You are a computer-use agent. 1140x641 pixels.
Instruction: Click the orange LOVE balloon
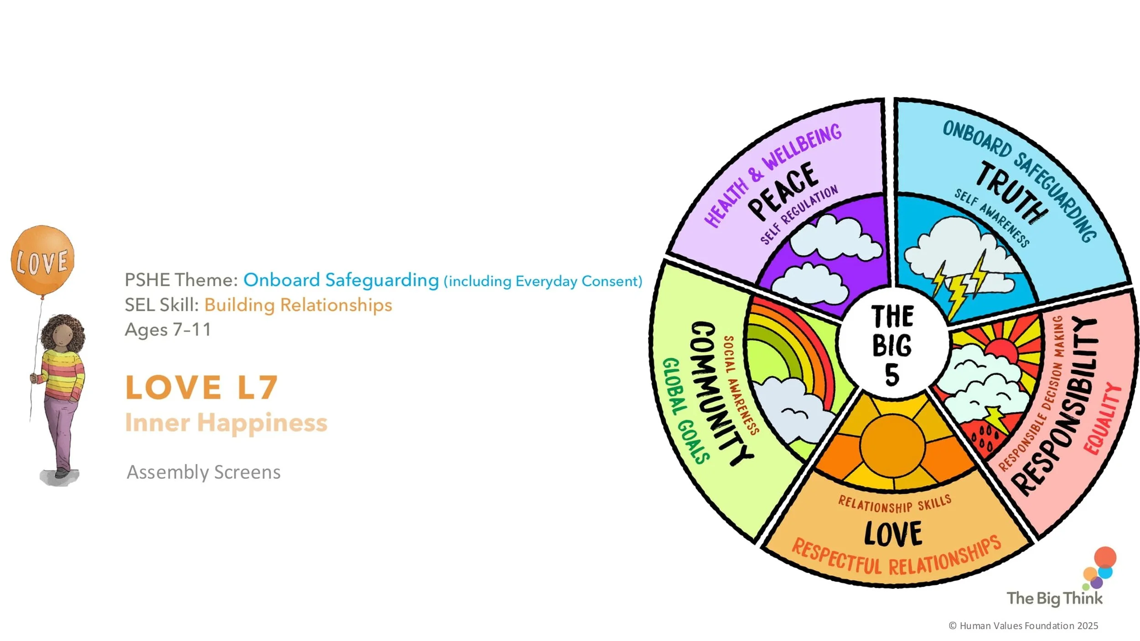(x=42, y=260)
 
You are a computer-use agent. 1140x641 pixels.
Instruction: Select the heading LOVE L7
(x=201, y=388)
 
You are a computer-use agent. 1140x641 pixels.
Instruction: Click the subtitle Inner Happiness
(x=226, y=423)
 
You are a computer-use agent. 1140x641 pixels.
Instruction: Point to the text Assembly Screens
(x=203, y=472)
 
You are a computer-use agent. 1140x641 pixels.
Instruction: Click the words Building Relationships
(x=298, y=305)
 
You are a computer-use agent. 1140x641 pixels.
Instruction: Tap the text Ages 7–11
(x=168, y=329)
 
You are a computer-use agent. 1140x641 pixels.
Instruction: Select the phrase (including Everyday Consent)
(x=543, y=281)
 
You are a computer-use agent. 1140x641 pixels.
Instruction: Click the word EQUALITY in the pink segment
(x=1103, y=419)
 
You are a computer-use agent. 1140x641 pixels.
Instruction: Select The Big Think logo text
(x=1054, y=598)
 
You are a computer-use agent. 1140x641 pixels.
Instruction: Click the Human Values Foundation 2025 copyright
(x=1023, y=626)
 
